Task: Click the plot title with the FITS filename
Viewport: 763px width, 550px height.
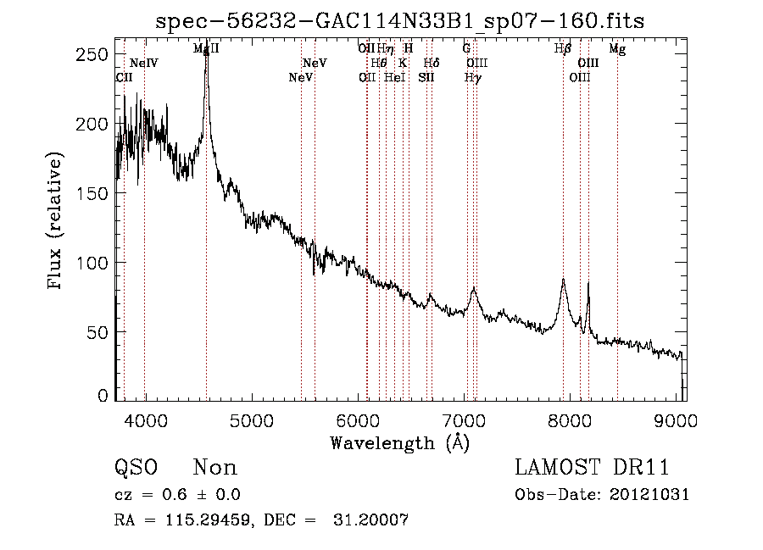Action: point(399,21)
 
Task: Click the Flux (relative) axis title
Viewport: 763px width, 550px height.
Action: point(57,222)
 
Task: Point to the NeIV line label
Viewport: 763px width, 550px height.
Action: point(144,64)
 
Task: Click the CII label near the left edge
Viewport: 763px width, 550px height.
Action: point(124,77)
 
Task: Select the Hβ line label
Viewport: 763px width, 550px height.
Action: point(563,49)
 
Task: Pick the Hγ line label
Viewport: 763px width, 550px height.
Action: point(473,77)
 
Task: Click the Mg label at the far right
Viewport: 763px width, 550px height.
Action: point(617,49)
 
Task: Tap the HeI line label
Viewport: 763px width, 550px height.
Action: point(394,77)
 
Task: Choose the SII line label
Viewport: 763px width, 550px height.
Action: point(426,77)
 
